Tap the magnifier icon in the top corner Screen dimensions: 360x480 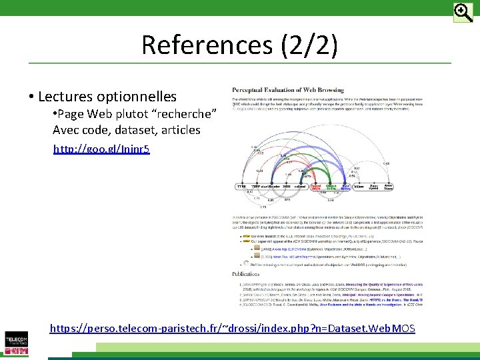point(463,12)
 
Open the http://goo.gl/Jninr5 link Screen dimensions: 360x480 point(101,149)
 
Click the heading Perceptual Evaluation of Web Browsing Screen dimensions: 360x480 point(288,90)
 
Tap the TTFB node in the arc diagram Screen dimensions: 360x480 point(241,187)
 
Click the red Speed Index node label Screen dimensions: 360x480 point(317,187)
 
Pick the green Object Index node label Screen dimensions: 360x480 point(331,187)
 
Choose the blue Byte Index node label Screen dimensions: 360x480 point(346,187)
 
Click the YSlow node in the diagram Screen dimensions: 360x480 point(360,187)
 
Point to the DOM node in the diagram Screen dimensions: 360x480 point(287,187)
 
